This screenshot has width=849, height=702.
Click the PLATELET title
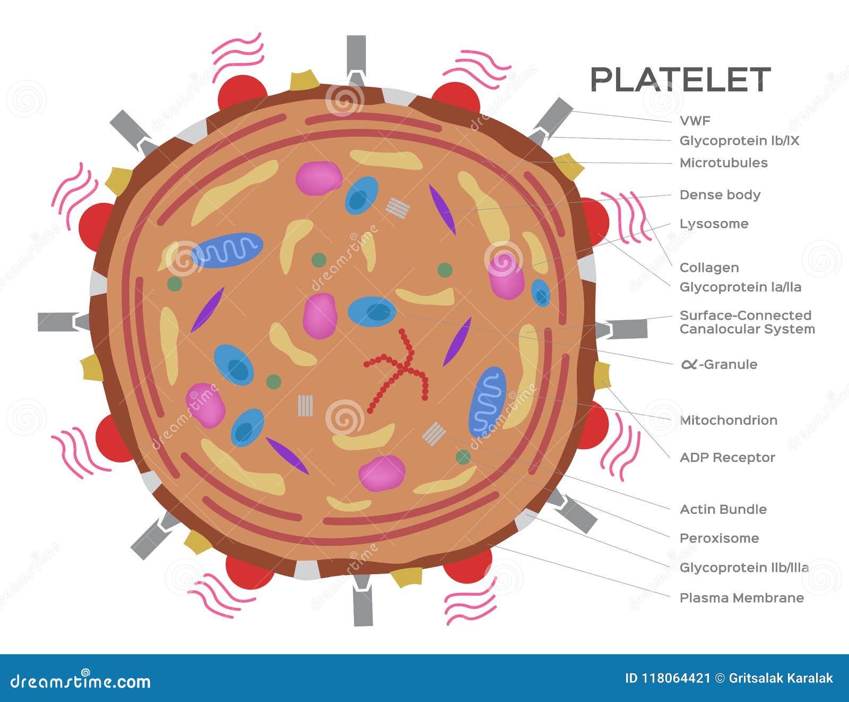tap(680, 80)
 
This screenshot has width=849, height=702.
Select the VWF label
tap(695, 121)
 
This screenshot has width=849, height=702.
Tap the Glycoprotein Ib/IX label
tap(739, 141)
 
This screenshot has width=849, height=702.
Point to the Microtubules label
tap(723, 163)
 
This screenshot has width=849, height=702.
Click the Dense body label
tap(720, 195)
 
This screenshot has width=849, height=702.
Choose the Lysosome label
tap(714, 224)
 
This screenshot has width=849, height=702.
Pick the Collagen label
tap(709, 268)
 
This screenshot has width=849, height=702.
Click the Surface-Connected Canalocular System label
tap(747, 322)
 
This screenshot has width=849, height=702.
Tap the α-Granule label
tap(719, 364)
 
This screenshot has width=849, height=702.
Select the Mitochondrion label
tap(728, 420)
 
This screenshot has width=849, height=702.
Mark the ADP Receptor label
tap(727, 457)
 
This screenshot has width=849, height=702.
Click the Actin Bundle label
tap(723, 509)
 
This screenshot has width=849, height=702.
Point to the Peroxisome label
tap(719, 538)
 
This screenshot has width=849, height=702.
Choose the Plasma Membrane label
tap(741, 598)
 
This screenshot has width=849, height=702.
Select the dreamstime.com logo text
tap(81, 681)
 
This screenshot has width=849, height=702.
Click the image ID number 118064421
tap(675, 678)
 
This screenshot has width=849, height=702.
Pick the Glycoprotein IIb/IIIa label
tap(743, 568)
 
